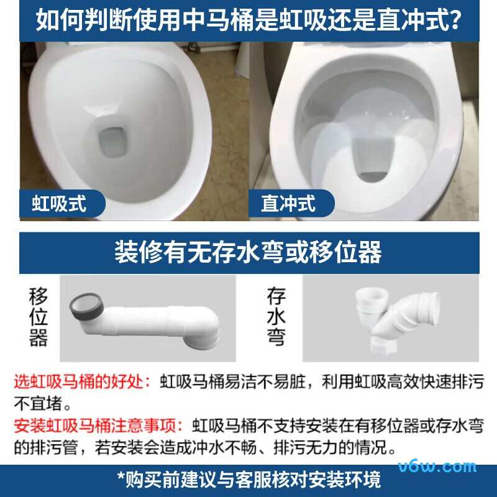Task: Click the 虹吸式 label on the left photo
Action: tap(59, 203)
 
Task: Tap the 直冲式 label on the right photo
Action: tap(288, 203)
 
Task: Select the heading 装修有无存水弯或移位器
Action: tap(248, 252)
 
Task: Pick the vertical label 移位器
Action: tap(38, 317)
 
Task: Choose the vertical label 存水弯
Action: tap(275, 317)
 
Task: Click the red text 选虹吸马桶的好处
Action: tap(81, 381)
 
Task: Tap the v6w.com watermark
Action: tap(446, 467)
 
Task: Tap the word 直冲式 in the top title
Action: tap(412, 20)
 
